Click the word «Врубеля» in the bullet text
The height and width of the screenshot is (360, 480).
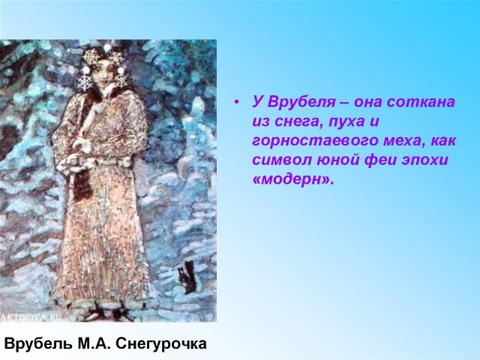coord(301,102)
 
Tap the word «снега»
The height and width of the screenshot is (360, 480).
coord(293,121)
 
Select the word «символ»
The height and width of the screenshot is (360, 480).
coord(281,160)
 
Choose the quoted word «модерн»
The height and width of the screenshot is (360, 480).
coord(292,180)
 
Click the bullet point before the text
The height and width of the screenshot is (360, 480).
coord(235,103)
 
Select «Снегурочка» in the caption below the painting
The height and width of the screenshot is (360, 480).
coord(162,343)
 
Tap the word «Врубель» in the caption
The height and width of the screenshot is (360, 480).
coord(38,343)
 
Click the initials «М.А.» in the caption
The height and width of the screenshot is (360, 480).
coord(94,343)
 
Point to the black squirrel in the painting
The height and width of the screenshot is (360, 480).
coord(187,277)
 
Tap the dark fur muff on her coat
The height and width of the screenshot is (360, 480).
coord(82,184)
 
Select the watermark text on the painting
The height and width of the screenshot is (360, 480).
coord(30,317)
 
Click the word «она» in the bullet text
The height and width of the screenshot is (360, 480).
coord(367,103)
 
